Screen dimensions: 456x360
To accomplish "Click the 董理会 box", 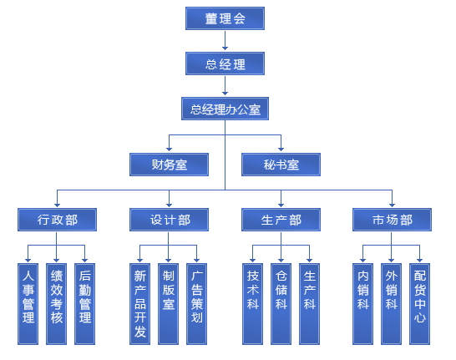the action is [x=225, y=18].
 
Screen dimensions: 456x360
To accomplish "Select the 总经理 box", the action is [x=225, y=63].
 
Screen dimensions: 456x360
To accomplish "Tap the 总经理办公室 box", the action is [x=225, y=109].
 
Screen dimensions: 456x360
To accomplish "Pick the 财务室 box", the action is [x=169, y=165].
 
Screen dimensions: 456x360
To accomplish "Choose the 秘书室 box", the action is [x=281, y=165].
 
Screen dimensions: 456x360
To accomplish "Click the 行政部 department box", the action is [x=57, y=220].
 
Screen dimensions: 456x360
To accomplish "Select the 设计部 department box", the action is [x=169, y=220].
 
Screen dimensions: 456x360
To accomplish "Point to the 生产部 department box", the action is [x=281, y=220].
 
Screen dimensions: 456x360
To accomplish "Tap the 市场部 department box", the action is [x=392, y=220].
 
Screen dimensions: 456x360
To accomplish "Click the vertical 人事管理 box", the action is [x=28, y=304].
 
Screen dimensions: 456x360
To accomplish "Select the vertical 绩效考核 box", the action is [x=57, y=304].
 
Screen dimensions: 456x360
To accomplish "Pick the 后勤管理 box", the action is [x=84, y=304].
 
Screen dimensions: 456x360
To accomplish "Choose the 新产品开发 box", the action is [x=139, y=304].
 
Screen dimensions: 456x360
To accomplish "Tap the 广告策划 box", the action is [x=196, y=304].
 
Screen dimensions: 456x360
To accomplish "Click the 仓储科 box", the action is [x=281, y=304].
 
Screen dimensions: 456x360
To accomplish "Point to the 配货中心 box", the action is [x=419, y=304].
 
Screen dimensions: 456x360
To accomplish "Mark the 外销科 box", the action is [x=391, y=304].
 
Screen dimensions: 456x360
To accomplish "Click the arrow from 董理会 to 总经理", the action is [x=225, y=40].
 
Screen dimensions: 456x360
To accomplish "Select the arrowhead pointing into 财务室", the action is [x=169, y=150].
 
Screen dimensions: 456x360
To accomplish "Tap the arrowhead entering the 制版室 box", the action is [x=168, y=260].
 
